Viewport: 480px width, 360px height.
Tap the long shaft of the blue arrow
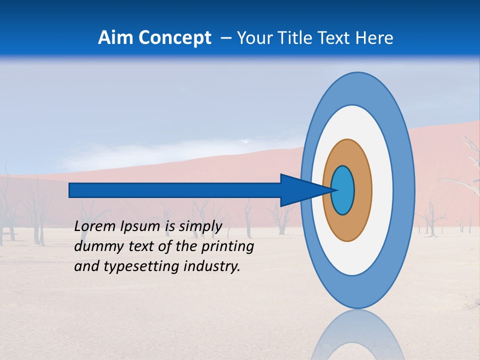click(175, 190)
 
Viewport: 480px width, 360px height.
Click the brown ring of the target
click(363, 190)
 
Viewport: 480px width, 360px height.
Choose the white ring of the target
click(382, 190)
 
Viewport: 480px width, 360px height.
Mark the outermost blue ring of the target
click(406, 190)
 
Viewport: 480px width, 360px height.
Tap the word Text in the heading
click(334, 38)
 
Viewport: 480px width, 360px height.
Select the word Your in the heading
click(252, 38)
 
